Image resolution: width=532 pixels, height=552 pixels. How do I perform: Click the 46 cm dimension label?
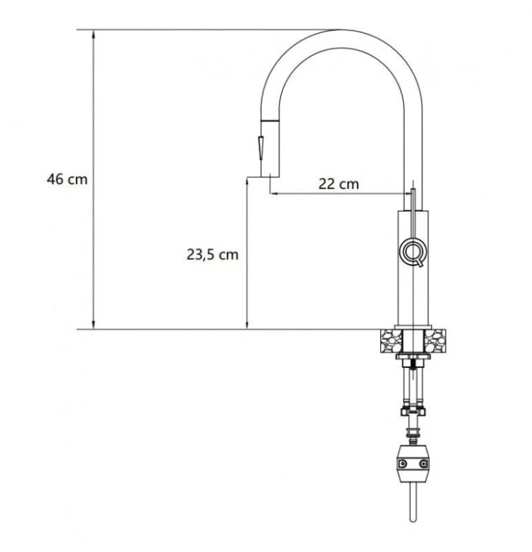click(67, 179)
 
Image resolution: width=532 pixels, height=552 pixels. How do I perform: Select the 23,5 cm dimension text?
click(212, 254)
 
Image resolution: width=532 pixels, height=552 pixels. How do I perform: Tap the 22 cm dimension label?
click(338, 184)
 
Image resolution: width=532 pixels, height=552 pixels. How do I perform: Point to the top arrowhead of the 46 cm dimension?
click(93, 34)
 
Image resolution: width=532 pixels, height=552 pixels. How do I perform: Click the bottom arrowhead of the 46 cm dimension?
click(93, 325)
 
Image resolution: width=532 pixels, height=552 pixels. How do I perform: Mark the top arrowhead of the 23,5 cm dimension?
click(247, 182)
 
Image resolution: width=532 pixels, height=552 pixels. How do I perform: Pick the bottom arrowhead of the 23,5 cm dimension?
click(247, 325)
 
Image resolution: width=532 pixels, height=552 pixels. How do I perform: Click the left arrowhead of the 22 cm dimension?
click(274, 194)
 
